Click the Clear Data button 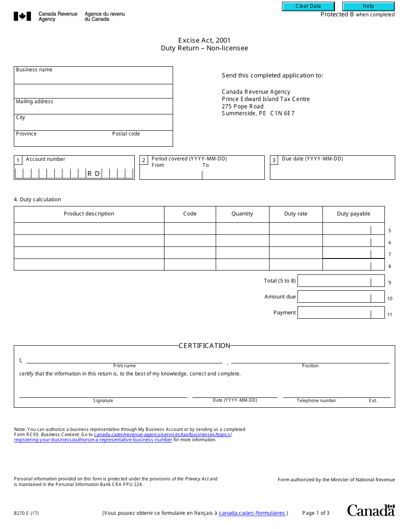point(308,6)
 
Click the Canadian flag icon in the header point(22,16)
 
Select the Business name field point(93,77)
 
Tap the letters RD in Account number point(94,174)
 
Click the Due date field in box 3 point(332,171)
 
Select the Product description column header point(89,214)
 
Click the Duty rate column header point(296,214)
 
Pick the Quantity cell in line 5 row point(242,229)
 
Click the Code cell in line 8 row point(190,264)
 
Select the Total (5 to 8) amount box point(334,281)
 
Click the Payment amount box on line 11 point(334,313)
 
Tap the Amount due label point(280,297)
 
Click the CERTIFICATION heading point(204,346)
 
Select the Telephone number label point(316,401)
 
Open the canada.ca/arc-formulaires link point(252,513)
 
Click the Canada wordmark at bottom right point(371,511)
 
